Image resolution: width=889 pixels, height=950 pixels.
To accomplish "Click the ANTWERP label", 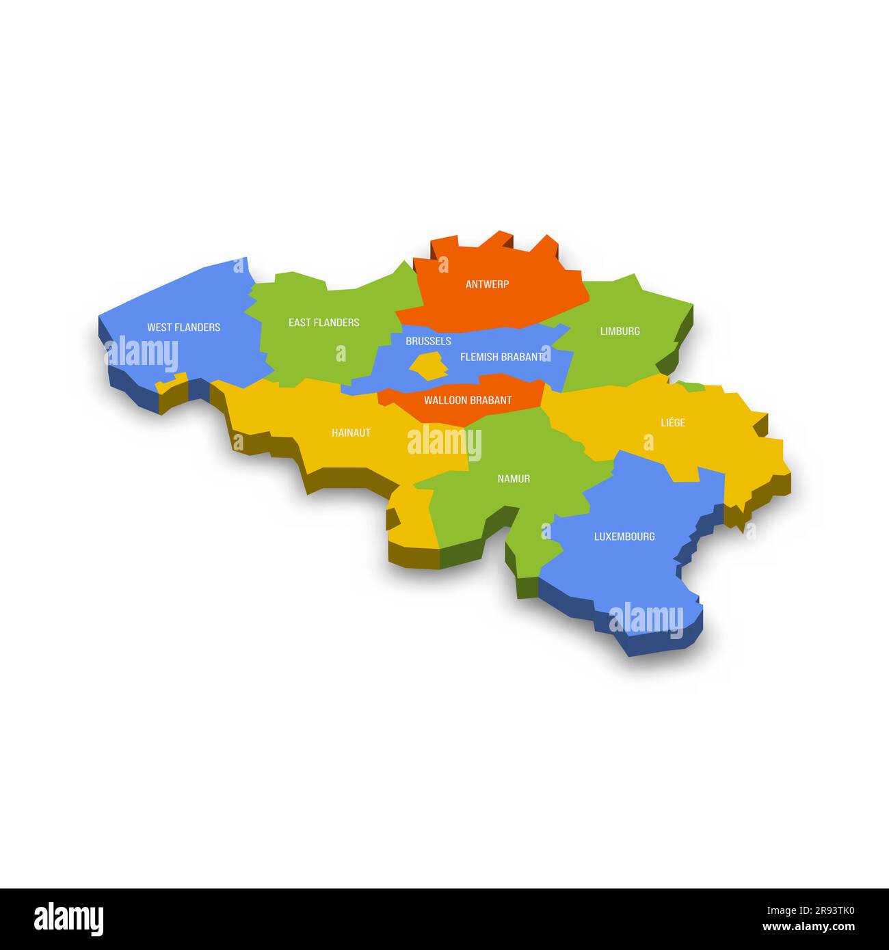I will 487,284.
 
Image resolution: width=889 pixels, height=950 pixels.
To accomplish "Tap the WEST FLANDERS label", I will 183,327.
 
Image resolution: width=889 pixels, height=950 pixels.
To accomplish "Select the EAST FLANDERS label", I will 323,323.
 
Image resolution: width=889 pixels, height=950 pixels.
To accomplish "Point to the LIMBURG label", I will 620,331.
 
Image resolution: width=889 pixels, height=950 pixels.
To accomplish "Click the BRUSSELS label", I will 428,341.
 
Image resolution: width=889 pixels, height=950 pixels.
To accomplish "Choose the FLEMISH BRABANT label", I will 501,357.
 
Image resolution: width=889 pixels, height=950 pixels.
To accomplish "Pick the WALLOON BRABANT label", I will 468,401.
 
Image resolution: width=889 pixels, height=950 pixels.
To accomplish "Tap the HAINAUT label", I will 351,433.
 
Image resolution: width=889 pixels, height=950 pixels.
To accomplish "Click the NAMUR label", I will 514,479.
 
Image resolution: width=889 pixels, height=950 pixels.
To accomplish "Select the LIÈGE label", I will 673,423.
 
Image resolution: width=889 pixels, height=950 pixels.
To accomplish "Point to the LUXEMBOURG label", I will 624,537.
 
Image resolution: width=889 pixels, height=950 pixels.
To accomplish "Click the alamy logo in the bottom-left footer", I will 68,919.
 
